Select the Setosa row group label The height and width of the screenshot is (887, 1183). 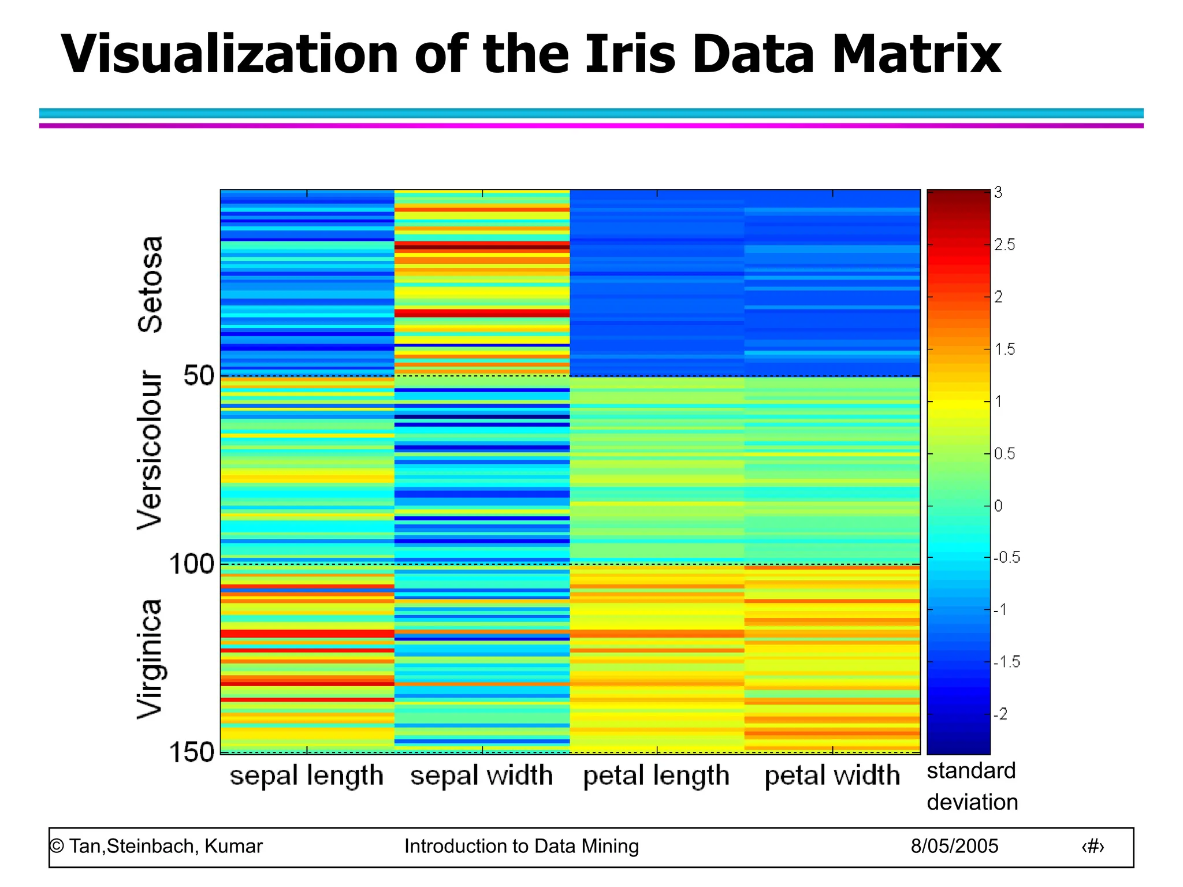point(150,284)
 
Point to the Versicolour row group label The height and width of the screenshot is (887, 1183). point(150,450)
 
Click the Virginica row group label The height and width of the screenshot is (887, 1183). point(150,659)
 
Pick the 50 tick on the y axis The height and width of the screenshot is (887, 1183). point(198,376)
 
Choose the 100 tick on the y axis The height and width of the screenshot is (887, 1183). point(191,564)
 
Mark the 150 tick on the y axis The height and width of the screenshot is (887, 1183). point(191,752)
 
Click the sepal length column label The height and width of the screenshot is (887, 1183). point(307,776)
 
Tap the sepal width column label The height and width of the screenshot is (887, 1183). point(482,776)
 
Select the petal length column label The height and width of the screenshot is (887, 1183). point(656,776)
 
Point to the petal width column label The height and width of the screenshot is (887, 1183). point(832,776)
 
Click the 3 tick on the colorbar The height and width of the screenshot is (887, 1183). point(998,193)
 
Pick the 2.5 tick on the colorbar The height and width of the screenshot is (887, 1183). point(1005,245)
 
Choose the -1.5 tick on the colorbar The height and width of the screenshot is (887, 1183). point(1007,662)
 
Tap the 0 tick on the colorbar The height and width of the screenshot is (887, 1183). point(998,506)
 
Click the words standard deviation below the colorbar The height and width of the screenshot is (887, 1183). point(972,787)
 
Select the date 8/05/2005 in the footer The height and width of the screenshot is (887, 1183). point(954,846)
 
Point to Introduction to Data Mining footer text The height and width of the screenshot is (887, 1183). point(521,846)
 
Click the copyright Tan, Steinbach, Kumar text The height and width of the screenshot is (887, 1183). point(156,846)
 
